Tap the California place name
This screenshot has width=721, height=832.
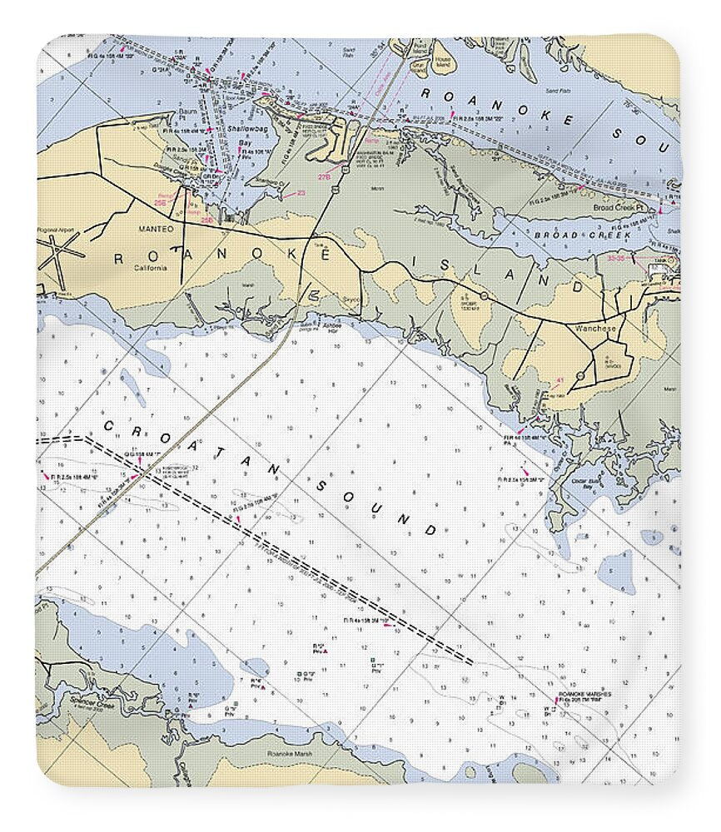tap(151, 268)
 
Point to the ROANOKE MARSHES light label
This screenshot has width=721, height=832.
tap(584, 695)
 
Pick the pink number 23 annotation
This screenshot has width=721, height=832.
tap(301, 193)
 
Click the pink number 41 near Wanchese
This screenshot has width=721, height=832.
tap(559, 380)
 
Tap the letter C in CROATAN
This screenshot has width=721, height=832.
tap(107, 426)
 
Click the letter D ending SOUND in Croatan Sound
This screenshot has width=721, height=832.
tap(430, 531)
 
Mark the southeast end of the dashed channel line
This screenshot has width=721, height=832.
tap(471, 662)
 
